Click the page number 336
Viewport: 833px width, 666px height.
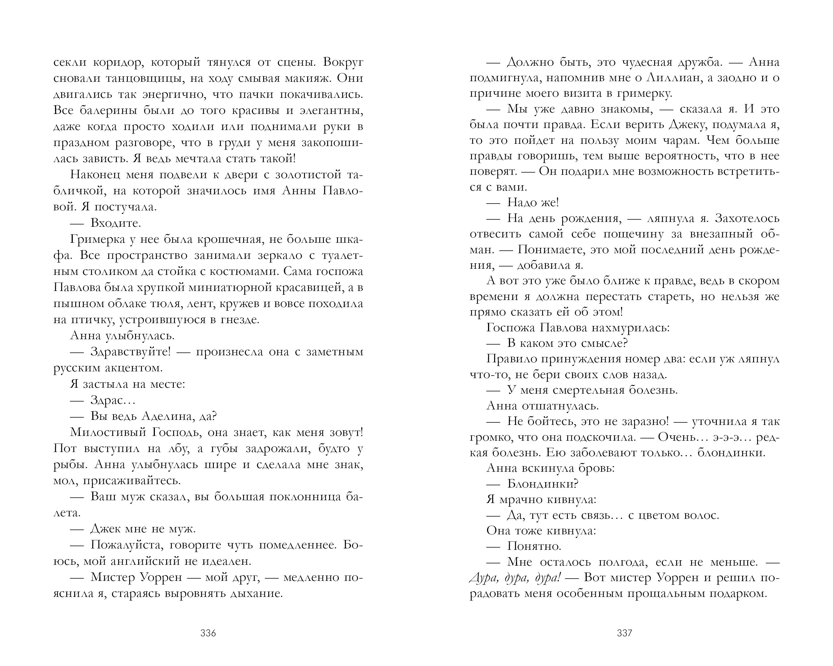[x=208, y=633]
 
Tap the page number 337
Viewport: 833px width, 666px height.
[x=624, y=633]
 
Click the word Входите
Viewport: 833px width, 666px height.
[x=116, y=223]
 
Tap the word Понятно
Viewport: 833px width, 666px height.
[x=534, y=546]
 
